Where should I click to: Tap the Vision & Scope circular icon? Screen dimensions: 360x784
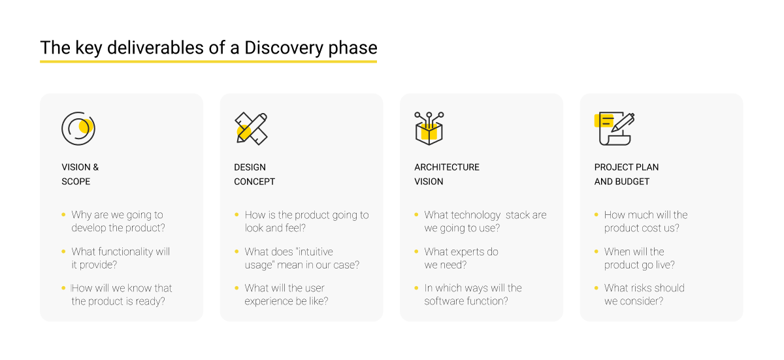pos(78,129)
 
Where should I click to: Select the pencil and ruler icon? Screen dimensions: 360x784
pos(251,129)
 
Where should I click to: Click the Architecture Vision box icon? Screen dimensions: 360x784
pos(429,129)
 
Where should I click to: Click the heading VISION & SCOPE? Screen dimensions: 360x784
pos(80,174)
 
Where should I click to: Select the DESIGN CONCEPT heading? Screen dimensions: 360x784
pos(254,174)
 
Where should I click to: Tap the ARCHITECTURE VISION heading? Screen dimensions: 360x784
pos(446,174)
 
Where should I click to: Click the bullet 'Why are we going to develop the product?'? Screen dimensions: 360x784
pos(118,221)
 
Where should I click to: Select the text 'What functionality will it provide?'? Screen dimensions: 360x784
pos(120,258)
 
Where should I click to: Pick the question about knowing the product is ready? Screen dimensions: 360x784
pos(122,295)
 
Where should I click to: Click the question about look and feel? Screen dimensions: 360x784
pos(306,221)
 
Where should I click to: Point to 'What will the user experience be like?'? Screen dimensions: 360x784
pos(286,295)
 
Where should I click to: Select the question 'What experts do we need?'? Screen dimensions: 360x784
pos(461,258)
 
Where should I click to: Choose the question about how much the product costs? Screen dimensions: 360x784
pos(645,221)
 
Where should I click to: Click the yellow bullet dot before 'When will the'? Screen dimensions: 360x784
pos(596,252)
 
